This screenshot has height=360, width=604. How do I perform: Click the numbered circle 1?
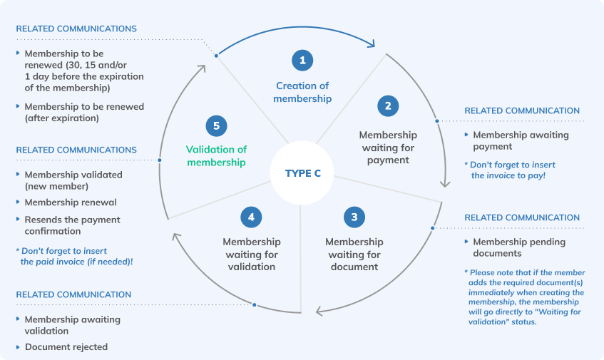pyautogui.click(x=302, y=61)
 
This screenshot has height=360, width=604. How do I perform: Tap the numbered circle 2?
pyautogui.click(x=388, y=106)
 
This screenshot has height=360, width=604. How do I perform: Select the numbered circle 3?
pyautogui.click(x=354, y=216)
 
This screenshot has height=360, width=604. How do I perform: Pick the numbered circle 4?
pyautogui.click(x=251, y=216)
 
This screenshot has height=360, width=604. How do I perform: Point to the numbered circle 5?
pyautogui.click(x=216, y=126)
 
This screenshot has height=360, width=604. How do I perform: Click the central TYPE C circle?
pyautogui.click(x=302, y=173)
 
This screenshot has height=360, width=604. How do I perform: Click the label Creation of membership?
pyautogui.click(x=302, y=93)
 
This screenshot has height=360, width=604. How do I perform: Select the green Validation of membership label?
pyautogui.click(x=216, y=156)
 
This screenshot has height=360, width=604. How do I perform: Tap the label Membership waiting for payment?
pyautogui.click(x=388, y=148)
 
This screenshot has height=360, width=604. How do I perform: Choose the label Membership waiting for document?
pyautogui.click(x=354, y=254)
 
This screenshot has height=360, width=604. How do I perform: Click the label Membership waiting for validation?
pyautogui.click(x=251, y=254)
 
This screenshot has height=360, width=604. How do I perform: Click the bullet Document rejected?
pyautogui.click(x=66, y=347)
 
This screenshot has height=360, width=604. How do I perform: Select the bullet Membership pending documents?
pyautogui.click(x=518, y=247)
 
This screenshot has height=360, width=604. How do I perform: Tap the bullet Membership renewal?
pyautogui.click(x=70, y=202)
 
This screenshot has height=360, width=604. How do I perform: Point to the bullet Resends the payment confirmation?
pyautogui.click(x=71, y=225)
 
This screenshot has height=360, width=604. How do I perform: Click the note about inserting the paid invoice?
pyautogui.click(x=74, y=257)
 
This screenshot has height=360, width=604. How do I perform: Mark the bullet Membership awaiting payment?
pyautogui.click(x=520, y=140)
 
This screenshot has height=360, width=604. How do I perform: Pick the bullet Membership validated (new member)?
pyautogui.click(x=73, y=180)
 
